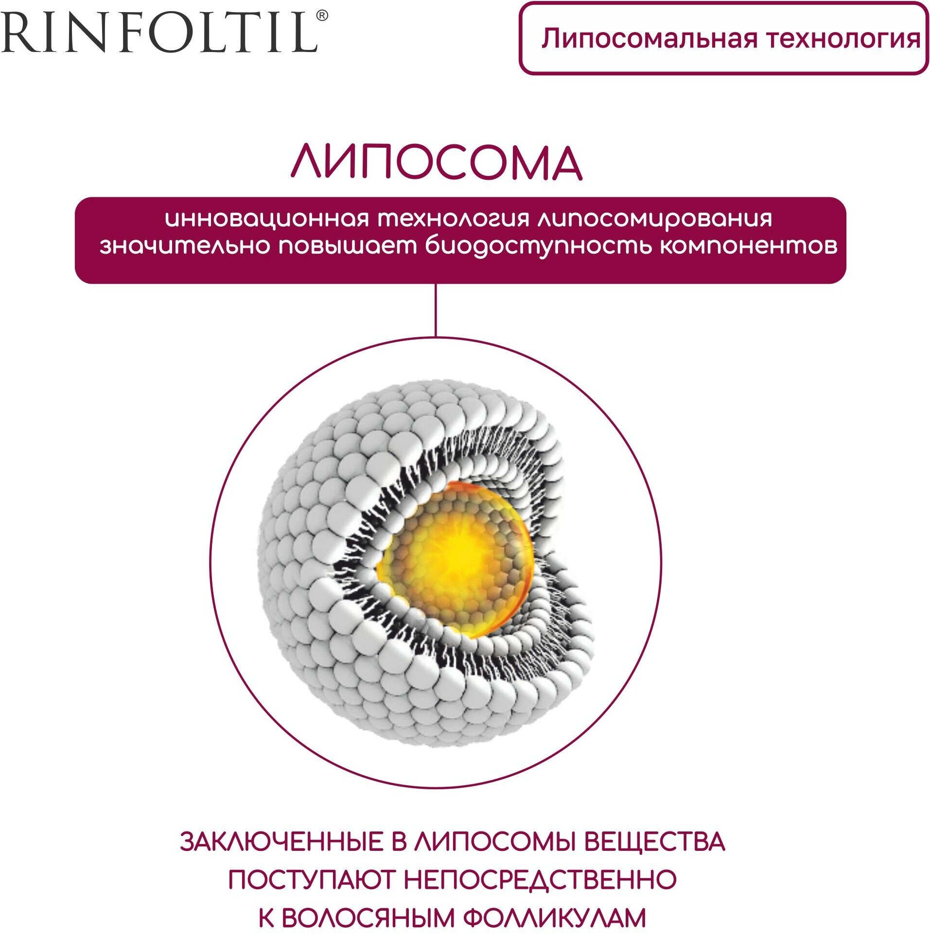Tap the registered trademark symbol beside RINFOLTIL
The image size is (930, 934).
(322, 16)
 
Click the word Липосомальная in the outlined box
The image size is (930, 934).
(649, 39)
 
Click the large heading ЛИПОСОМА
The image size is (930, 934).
(437, 163)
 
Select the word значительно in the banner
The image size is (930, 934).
(185, 246)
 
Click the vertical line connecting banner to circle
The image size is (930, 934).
(436, 310)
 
